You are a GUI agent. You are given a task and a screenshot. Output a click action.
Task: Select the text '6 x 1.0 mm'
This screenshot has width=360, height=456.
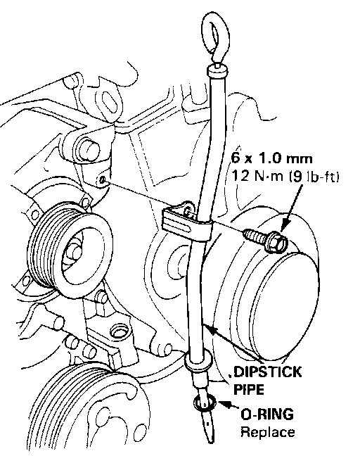click(271, 158)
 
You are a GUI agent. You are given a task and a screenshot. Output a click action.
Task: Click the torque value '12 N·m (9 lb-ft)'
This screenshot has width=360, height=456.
click(285, 176)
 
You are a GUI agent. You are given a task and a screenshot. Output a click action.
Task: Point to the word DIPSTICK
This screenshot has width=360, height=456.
click(267, 372)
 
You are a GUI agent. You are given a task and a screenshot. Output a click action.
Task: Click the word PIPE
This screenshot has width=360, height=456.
click(248, 390)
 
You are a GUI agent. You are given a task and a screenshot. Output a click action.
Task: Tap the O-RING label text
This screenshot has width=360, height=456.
click(267, 414)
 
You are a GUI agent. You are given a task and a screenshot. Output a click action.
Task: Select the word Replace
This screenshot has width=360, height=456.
click(268, 433)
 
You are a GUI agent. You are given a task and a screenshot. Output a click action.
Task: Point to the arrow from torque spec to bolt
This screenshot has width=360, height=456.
click(292, 208)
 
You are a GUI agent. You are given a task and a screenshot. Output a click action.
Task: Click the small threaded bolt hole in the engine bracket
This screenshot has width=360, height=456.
click(103, 180)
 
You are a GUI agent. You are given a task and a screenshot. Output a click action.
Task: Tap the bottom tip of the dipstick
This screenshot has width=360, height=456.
click(212, 441)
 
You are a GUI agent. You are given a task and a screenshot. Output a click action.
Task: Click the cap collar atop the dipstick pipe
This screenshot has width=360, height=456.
click(217, 70)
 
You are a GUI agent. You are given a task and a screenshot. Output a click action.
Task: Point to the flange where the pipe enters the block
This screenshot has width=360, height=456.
click(198, 360)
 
